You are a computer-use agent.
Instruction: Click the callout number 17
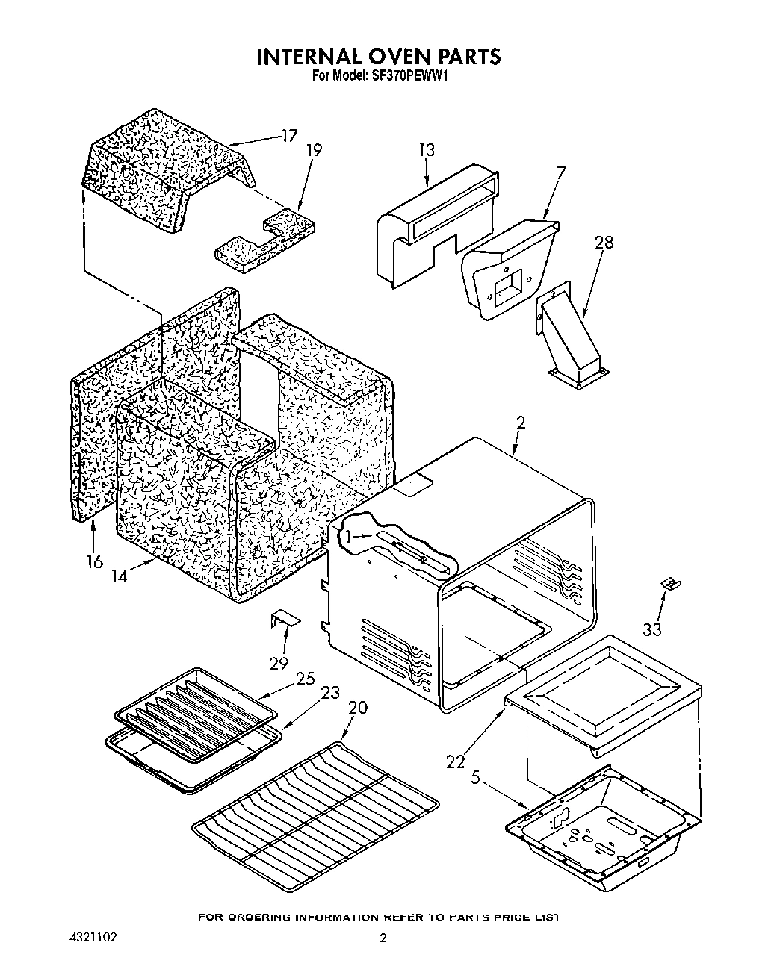click(288, 136)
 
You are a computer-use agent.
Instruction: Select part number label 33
click(651, 629)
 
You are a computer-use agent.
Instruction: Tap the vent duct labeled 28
click(572, 334)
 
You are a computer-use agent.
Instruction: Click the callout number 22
click(455, 761)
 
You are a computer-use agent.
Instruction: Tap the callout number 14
click(118, 576)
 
